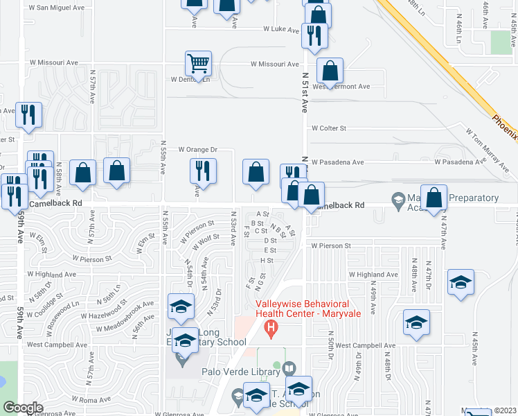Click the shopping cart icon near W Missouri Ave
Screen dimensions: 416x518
point(198,64)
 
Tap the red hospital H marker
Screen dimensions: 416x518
point(271,327)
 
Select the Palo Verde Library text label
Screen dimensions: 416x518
point(241,370)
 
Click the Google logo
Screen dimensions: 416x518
point(23,408)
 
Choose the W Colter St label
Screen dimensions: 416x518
point(328,128)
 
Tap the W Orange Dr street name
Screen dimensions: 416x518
point(197,149)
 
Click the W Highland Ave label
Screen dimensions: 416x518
point(374,275)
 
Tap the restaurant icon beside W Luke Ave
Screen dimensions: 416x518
point(315,35)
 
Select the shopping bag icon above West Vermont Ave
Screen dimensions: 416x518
point(330,70)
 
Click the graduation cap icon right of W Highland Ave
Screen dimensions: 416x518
point(461,282)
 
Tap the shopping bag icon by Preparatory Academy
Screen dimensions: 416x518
point(434,198)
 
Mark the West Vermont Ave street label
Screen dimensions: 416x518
point(341,87)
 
